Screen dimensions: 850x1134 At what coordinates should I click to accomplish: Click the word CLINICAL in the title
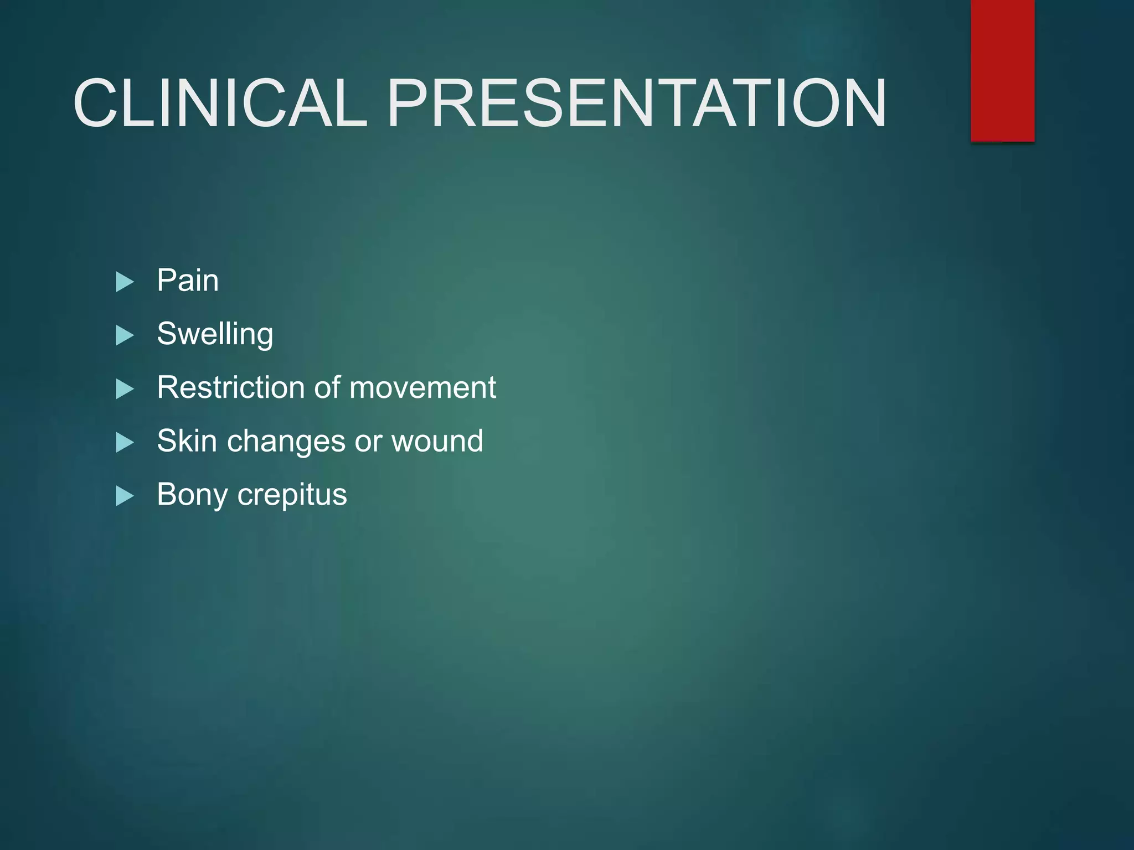pos(220,103)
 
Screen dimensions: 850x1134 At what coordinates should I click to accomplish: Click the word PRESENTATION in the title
pos(637,103)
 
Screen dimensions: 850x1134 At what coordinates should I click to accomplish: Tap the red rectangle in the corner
pos(1002,70)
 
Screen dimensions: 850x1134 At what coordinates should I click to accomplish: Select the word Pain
pos(188,280)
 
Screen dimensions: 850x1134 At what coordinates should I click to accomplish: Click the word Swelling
pos(215,334)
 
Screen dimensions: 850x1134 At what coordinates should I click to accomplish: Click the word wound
pos(437,441)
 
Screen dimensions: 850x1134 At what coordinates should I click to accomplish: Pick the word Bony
pos(192,495)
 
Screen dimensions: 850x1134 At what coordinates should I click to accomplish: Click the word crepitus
pos(292,495)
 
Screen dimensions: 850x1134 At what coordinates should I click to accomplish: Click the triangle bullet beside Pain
pos(125,282)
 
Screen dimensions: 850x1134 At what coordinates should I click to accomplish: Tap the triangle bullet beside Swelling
pos(125,336)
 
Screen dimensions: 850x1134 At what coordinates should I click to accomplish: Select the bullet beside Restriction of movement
pos(125,390)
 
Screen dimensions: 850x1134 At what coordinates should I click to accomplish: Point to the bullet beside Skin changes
pos(125,443)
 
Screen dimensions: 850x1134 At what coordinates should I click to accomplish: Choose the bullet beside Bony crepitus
pos(125,496)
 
